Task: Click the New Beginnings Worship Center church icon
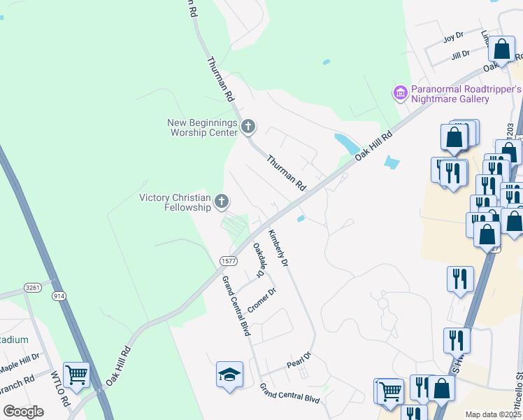248,127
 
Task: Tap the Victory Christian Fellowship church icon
222,202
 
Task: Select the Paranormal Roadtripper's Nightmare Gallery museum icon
400,93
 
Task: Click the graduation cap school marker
229,374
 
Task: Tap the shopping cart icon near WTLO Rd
76,374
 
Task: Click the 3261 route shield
32,287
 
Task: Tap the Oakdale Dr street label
259,259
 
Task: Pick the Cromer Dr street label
262,302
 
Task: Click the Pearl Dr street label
298,363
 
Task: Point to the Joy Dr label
453,36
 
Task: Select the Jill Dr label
460,55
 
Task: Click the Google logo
24,411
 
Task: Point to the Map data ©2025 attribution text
492,414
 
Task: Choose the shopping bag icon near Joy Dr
501,50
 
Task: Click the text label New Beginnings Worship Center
201,127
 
